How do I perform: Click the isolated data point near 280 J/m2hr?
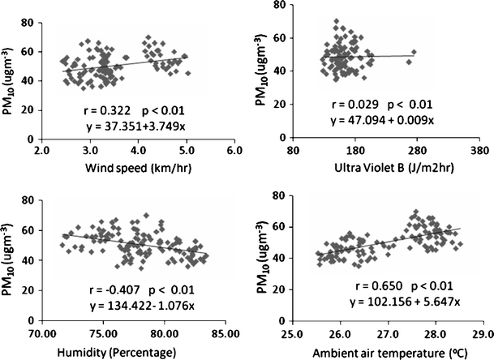click(x=414, y=52)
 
